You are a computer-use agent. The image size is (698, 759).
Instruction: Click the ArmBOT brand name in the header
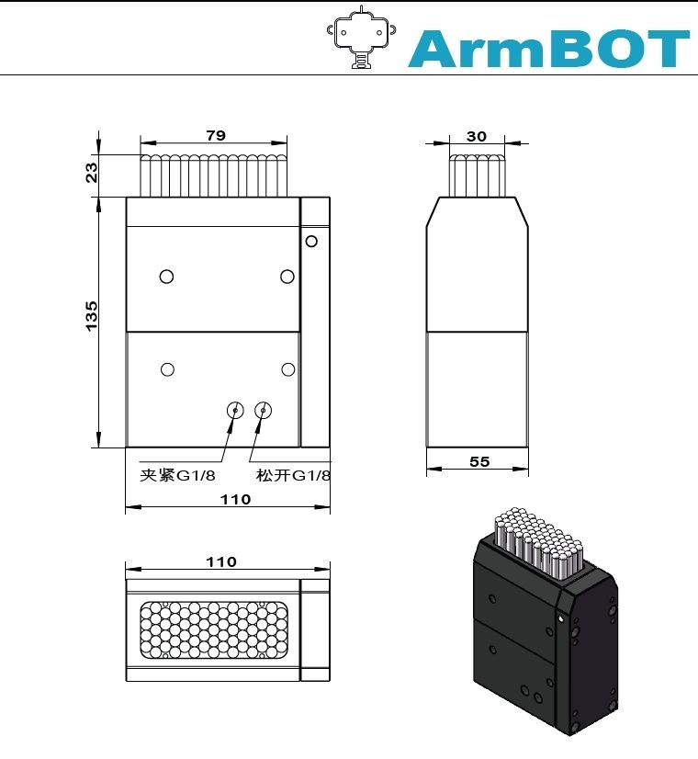tap(548, 48)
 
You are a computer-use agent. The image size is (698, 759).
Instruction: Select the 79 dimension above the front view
tap(215, 135)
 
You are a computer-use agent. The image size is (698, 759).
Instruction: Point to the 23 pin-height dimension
tap(92, 172)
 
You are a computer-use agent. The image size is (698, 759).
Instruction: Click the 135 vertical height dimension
tap(92, 315)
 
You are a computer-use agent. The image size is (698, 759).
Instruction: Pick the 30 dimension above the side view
tap(477, 136)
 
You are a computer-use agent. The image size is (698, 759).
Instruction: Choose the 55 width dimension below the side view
tap(479, 461)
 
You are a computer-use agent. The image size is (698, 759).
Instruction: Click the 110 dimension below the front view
tap(236, 499)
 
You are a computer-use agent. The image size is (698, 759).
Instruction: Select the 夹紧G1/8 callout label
tap(177, 475)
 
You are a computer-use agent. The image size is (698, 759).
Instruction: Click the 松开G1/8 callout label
tap(293, 475)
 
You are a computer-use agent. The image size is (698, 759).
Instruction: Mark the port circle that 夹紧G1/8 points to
tap(236, 411)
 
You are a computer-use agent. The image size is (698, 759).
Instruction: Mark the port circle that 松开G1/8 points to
tap(265, 411)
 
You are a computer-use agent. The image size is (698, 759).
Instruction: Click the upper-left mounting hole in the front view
tap(166, 277)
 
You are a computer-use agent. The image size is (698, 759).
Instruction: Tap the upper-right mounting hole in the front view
tap(287, 277)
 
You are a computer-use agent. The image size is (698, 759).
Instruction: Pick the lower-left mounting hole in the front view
tap(167, 369)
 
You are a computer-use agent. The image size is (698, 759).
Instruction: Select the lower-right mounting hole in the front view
tap(287, 369)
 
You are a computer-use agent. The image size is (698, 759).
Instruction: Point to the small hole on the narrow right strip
tap(311, 242)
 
